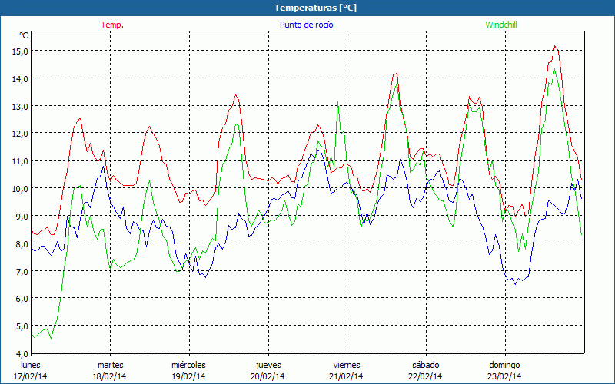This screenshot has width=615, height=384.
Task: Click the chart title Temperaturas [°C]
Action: (x=315, y=7)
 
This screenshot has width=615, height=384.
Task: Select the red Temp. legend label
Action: (x=112, y=25)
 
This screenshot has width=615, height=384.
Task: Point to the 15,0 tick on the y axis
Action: (x=19, y=51)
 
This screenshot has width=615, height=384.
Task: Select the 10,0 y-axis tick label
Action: (x=19, y=188)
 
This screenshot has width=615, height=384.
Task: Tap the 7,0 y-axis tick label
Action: (x=19, y=271)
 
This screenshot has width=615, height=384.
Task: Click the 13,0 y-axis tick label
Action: (x=19, y=106)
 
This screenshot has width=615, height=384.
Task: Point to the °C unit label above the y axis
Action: (x=24, y=35)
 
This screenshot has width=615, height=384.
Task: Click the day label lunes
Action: (x=31, y=365)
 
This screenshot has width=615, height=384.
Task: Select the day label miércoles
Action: (x=188, y=365)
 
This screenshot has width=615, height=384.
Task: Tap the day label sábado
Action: (x=425, y=365)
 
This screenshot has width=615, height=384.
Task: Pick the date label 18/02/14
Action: (x=110, y=376)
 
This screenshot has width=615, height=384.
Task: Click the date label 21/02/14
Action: (x=347, y=376)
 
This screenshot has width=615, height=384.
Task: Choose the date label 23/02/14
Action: (x=504, y=376)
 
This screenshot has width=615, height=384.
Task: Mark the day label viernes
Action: (x=347, y=365)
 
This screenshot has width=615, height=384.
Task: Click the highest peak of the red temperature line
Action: (x=554, y=46)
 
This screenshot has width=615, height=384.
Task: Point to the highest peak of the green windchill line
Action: (x=554, y=69)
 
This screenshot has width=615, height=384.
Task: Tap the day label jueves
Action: (x=268, y=365)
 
